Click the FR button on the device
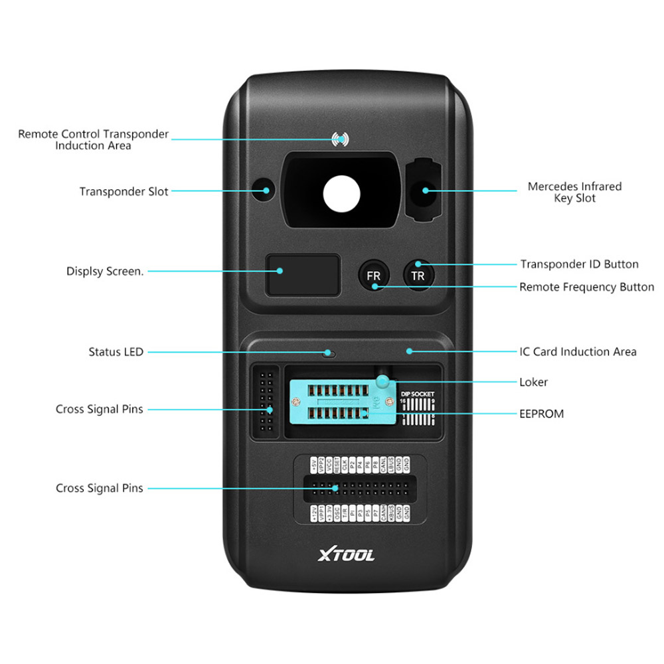(374, 275)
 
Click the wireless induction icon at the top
(340, 139)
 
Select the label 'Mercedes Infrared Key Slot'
(574, 192)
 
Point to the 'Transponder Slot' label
(124, 191)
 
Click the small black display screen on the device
(303, 275)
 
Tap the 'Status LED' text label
(116, 351)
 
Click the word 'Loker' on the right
(533, 382)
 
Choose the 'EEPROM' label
(541, 413)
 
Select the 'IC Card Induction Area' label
(577, 351)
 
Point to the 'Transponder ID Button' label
(579, 264)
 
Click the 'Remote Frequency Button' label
(586, 287)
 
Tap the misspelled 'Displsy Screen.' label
(104, 271)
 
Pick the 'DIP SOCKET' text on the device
(418, 394)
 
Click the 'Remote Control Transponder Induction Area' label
(93, 139)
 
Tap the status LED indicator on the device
(328, 353)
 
